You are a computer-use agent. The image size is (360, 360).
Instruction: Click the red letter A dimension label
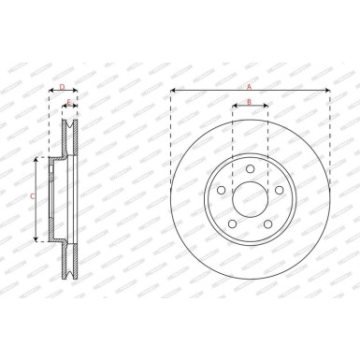(x=250, y=86)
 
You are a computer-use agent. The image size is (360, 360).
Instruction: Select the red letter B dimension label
(x=250, y=100)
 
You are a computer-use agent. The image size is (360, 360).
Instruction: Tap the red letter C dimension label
(x=33, y=197)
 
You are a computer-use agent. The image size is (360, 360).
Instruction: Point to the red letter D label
(x=62, y=86)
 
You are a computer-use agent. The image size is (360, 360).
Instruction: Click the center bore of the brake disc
(x=250, y=198)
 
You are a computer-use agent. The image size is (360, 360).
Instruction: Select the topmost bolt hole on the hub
(x=250, y=167)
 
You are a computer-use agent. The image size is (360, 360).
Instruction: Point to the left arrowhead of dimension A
(x=173, y=91)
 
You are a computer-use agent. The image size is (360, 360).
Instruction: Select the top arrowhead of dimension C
(x=37, y=160)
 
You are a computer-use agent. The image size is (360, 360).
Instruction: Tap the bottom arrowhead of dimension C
(x=37, y=239)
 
